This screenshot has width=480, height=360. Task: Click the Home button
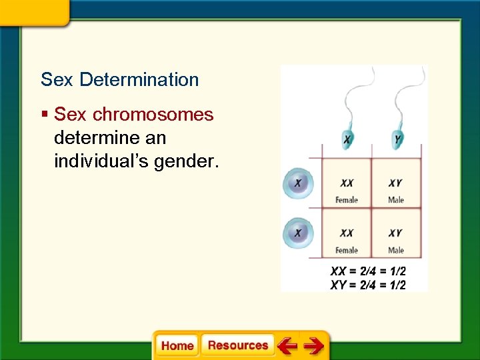tap(177, 345)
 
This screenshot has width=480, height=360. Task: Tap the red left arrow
tap(287, 345)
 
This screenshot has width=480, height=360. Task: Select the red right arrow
tap(313, 345)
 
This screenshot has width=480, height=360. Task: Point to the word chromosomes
tap(153, 115)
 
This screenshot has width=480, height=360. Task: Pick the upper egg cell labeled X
tap(297, 183)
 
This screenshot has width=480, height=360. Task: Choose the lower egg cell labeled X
tap(297, 233)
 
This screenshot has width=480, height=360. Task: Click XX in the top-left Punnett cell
tap(347, 183)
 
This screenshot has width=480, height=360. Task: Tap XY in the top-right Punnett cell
tap(395, 183)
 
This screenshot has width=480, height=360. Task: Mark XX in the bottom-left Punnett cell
tap(347, 233)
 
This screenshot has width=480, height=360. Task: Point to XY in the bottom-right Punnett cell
tap(395, 233)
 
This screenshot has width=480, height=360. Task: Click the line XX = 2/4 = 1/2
tap(368, 271)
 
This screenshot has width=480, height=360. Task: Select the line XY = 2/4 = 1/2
tap(368, 285)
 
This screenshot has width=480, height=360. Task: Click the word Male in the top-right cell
tap(396, 199)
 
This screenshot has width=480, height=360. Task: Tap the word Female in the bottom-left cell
tap(347, 250)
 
